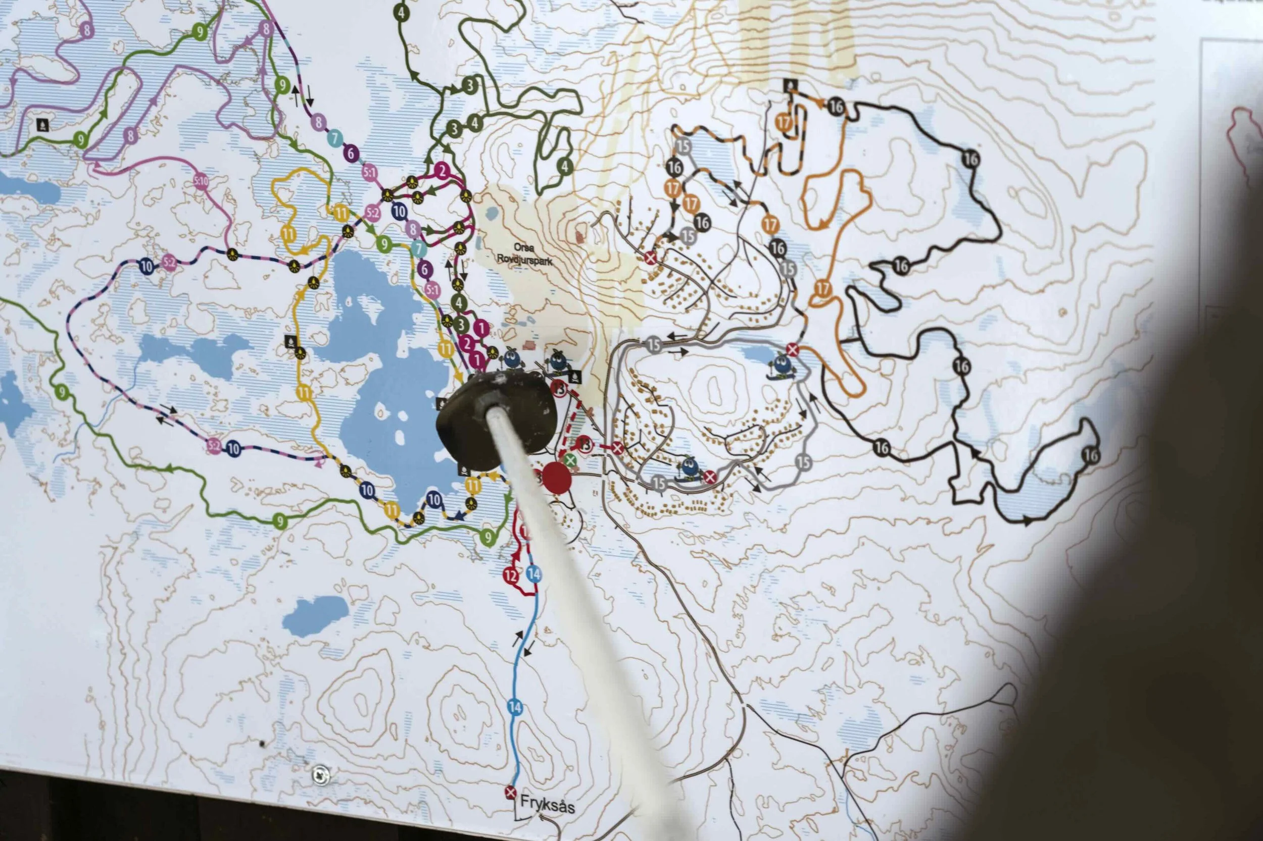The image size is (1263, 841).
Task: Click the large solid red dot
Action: click(x=557, y=479)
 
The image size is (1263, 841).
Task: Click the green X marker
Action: click(x=570, y=460)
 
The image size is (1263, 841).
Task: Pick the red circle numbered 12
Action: click(x=511, y=576)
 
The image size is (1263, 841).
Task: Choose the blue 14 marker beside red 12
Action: click(x=533, y=573)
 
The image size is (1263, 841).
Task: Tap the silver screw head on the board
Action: click(x=320, y=774)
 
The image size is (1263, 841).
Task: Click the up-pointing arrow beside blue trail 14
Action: click(x=519, y=638)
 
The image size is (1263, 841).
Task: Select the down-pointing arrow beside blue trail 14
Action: click(x=530, y=650)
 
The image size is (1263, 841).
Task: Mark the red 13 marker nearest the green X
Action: click(x=585, y=445)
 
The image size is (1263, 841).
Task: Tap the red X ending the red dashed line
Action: click(x=617, y=447)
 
